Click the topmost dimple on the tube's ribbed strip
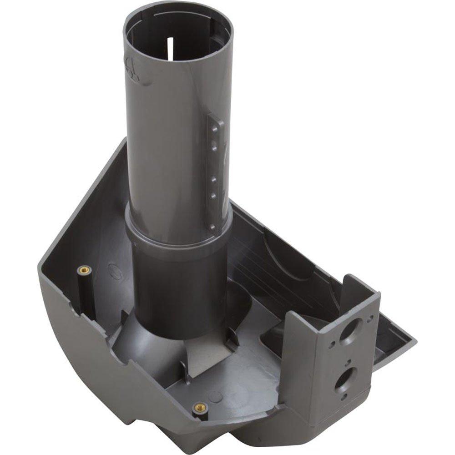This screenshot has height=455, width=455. click(213, 128)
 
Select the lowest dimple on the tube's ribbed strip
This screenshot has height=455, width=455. click(212, 225)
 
